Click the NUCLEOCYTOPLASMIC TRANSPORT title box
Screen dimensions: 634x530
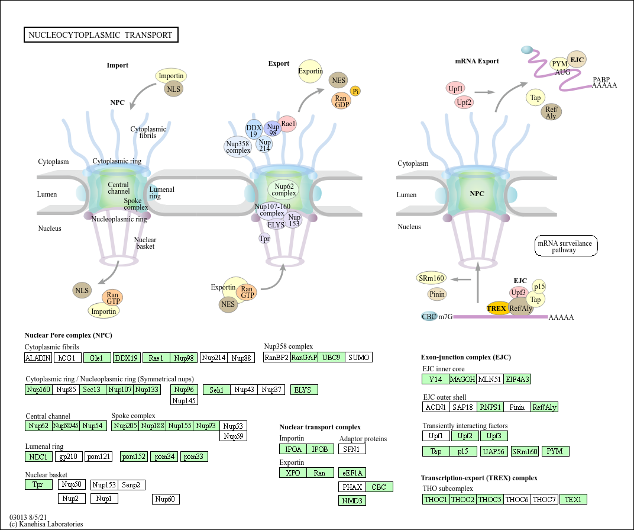coord(101,35)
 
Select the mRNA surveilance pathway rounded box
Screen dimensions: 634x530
coord(565,246)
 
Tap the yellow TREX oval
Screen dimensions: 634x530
coord(497,308)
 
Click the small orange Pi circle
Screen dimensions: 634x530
coord(355,91)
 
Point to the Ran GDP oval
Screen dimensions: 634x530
coord(342,101)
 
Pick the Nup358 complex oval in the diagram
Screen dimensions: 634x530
coord(238,147)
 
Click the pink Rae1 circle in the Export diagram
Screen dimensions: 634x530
coord(288,124)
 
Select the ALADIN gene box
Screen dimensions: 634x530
coord(38,358)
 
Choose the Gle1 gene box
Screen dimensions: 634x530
coord(97,358)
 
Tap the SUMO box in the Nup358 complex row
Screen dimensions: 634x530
coord(358,358)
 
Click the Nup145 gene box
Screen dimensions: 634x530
coord(184,400)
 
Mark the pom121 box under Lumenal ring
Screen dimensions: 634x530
coord(99,457)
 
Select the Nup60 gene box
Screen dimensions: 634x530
coord(166,499)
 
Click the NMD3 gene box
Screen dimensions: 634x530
coord(352,501)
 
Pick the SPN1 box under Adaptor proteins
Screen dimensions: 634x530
coord(352,449)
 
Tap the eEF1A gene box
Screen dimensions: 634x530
coord(352,473)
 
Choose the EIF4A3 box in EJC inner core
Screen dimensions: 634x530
coord(517,380)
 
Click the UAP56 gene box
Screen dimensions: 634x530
coord(494,451)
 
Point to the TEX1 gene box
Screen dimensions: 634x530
coord(573,499)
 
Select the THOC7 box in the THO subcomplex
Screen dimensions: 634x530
coord(544,499)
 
